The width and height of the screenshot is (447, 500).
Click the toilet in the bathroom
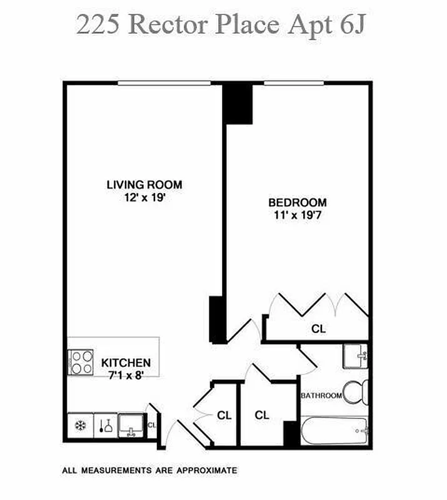click(357, 392)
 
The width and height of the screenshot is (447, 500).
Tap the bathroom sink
click(356, 356)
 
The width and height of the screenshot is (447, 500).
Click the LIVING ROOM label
click(144, 184)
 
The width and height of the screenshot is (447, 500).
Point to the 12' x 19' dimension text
click(144, 196)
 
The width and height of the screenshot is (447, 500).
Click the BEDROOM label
click(298, 202)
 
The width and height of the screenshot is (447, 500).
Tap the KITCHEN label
click(126, 362)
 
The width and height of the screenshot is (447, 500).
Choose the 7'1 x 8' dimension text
click(126, 374)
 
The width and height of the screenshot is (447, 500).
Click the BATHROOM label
click(321, 396)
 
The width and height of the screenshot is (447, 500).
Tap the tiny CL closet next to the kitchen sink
click(151, 424)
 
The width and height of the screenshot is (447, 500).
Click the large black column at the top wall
click(238, 103)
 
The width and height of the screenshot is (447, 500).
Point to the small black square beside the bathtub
click(290, 433)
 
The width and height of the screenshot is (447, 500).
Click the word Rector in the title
click(170, 25)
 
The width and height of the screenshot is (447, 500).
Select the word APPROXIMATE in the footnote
click(206, 470)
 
